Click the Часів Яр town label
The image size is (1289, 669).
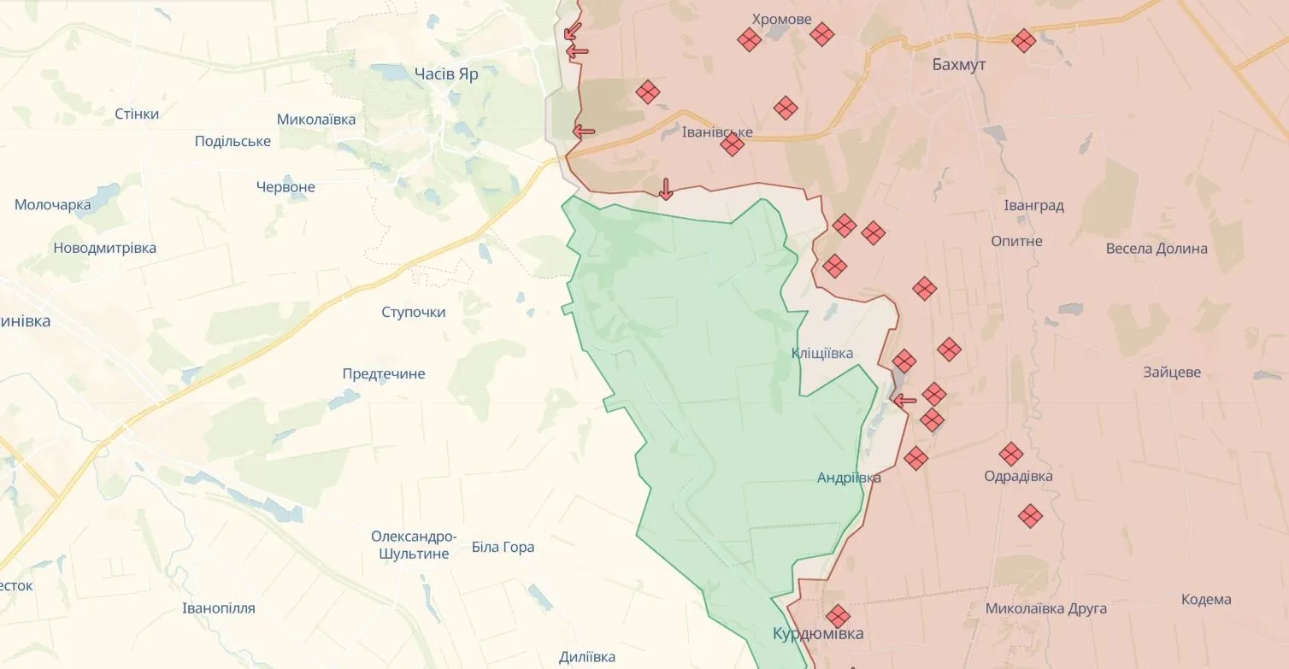445,74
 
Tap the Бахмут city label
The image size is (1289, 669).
959,65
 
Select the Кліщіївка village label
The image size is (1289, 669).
821,354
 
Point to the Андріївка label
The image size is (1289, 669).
849,478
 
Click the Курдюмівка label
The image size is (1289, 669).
817,634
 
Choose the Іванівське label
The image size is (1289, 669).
717,132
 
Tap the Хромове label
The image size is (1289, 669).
781,19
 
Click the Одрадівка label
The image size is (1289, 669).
1018,477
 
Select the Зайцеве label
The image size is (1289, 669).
1172,373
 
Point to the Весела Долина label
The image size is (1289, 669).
1157,249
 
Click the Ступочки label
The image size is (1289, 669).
414,313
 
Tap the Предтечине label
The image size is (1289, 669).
384,374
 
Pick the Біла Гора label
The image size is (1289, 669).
503,547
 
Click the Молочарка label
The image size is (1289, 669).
53,205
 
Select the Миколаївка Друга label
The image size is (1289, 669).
1045,609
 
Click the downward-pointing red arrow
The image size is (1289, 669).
666,189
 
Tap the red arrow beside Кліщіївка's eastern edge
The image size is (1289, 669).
903,399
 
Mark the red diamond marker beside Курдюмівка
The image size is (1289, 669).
838,616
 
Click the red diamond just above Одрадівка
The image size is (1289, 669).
1011,454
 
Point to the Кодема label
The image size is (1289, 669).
1206,600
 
